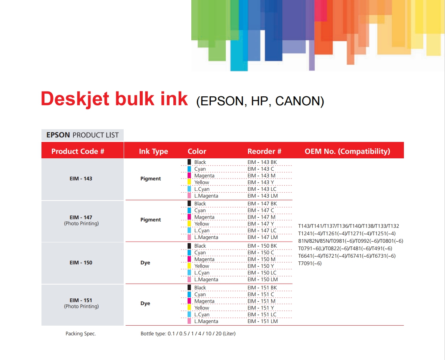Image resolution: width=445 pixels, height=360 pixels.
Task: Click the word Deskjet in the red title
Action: (75, 99)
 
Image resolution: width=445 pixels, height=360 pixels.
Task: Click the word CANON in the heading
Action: (299, 101)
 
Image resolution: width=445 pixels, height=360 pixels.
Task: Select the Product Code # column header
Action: (78, 151)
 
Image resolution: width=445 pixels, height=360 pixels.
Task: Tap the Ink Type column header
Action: (153, 152)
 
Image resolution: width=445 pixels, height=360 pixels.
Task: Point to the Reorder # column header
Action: (264, 151)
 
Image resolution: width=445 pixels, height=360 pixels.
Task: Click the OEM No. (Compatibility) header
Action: (347, 151)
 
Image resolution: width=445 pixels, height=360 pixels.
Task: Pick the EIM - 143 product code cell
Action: (81, 179)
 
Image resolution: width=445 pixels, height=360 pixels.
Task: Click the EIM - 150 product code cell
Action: (81, 263)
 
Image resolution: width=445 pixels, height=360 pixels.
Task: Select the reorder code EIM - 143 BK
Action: (262, 162)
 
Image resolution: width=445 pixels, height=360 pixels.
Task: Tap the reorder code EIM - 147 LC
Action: (262, 231)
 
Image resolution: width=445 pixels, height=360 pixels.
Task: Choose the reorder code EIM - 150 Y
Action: (260, 266)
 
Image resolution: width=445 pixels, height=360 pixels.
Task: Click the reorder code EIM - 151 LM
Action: (263, 322)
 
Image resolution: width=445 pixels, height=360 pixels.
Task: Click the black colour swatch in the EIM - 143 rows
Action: (189, 162)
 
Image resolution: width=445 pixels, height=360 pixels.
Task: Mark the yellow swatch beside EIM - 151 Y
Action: (189, 307)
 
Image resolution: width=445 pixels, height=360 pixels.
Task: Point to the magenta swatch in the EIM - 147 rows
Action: (189, 217)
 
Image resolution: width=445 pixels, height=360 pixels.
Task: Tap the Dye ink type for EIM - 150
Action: (145, 263)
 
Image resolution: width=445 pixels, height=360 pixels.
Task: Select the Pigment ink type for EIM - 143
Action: (151, 179)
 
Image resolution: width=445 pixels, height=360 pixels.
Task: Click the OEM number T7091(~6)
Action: (310, 264)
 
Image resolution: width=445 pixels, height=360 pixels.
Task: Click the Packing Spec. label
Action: (81, 334)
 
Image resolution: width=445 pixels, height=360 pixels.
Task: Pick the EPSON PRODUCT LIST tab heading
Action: (83, 135)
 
